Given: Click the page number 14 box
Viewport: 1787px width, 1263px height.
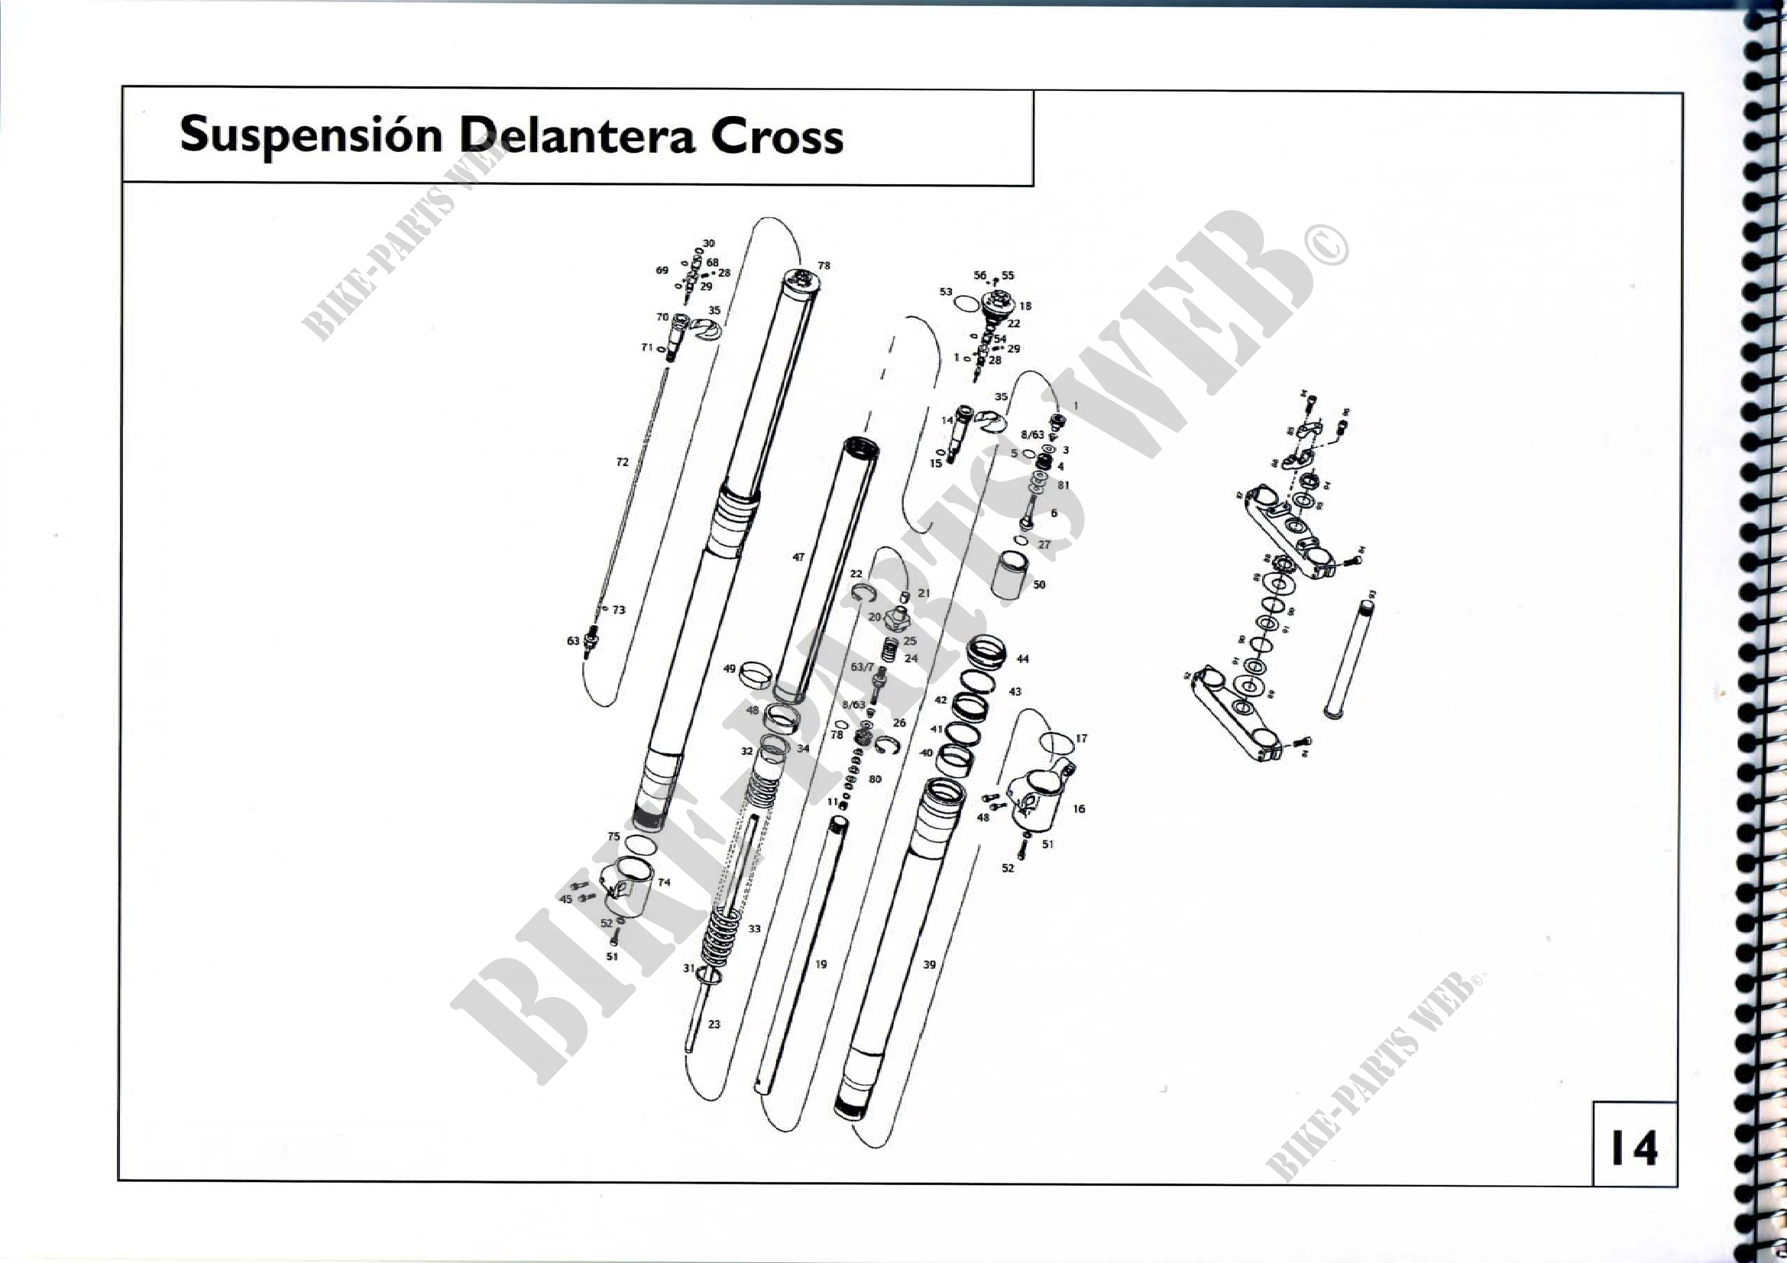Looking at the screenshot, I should [x=1633, y=1147].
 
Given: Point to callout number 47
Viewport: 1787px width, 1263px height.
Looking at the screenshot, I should [x=798, y=557].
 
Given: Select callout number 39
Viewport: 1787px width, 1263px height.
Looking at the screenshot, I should [x=928, y=964].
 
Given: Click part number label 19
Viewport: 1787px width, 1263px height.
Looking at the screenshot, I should [x=821, y=964].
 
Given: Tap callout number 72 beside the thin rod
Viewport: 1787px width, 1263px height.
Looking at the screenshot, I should [x=622, y=462].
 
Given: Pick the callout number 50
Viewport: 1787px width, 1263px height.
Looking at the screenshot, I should [x=1039, y=585].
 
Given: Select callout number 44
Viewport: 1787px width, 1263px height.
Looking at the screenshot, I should [x=1023, y=659].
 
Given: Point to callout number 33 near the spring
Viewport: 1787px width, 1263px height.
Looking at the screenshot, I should [x=754, y=928].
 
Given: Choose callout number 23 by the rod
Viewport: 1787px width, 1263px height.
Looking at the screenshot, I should [x=714, y=1024].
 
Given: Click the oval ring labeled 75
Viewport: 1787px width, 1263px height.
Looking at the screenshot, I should [x=639, y=844].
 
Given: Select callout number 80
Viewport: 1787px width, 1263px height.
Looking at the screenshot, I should [x=875, y=779].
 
